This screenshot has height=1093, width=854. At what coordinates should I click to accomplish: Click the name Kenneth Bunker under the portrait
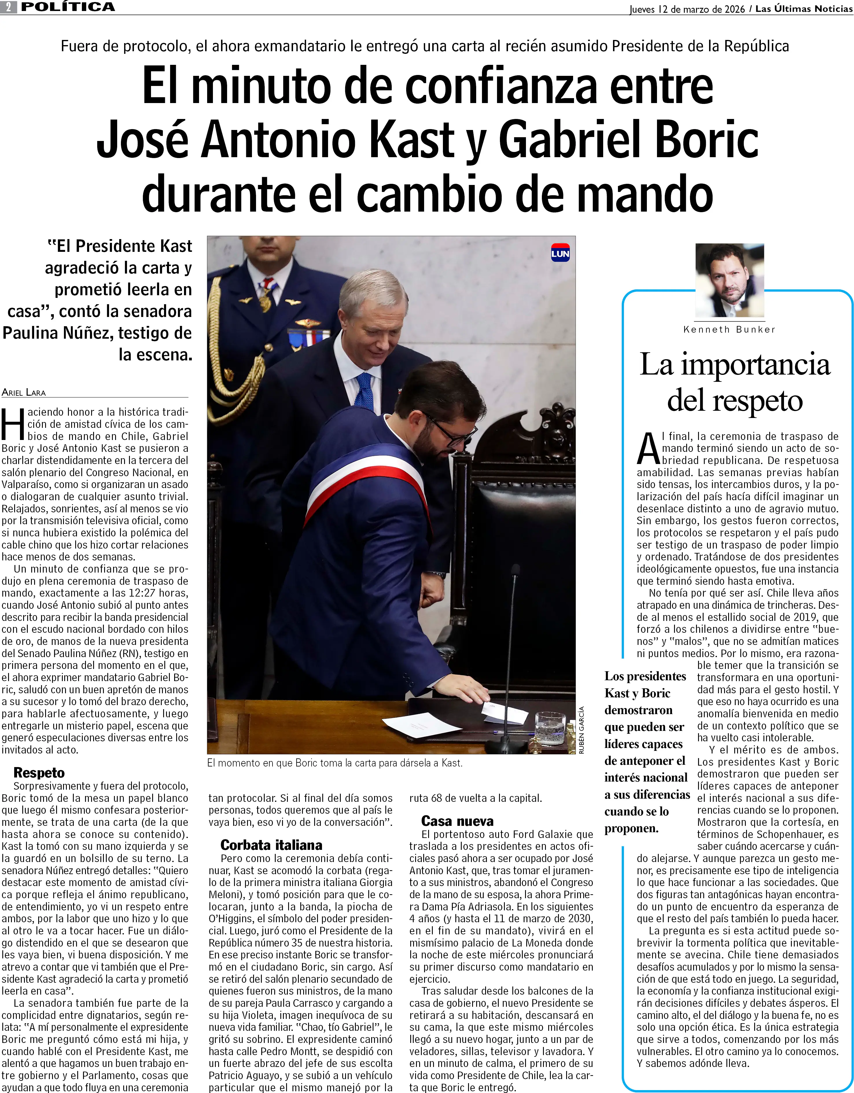coord(729,329)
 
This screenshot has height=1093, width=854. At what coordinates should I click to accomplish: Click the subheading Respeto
coord(39,773)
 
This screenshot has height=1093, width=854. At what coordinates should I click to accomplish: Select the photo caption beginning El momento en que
coord(334,763)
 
